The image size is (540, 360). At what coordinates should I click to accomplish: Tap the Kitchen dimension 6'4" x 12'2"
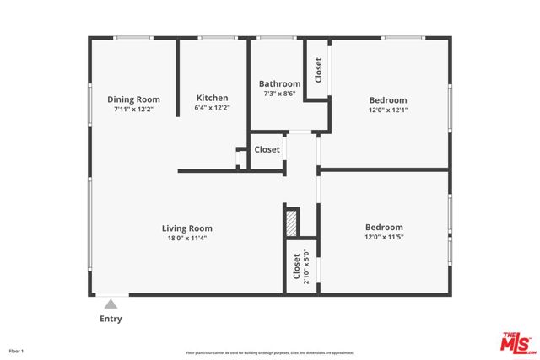coord(212,108)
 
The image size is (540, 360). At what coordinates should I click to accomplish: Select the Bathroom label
coord(279,83)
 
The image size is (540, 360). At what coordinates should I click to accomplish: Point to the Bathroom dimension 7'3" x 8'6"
coord(279,94)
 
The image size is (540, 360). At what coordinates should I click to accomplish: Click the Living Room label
coord(186,228)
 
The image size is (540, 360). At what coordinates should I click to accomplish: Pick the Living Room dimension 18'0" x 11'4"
coord(186,239)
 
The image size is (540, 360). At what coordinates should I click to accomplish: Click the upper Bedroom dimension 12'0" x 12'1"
coord(387,110)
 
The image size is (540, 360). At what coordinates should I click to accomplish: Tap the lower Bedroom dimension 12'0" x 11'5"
coord(383,238)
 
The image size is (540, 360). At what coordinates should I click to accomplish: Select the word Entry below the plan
coord(111,319)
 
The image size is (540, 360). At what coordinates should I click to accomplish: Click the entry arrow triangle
coord(111,303)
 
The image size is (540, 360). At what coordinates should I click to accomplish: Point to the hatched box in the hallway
coord(292,223)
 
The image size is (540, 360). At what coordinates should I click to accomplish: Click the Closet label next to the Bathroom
coord(318,68)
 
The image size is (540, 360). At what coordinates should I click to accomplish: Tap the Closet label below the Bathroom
coord(267,149)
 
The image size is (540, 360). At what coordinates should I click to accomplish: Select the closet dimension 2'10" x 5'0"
coord(306,266)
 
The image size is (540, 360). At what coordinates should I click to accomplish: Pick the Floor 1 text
coord(17,350)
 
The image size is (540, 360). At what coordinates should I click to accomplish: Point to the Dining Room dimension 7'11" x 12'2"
coord(133,110)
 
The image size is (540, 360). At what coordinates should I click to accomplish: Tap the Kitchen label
coord(212,98)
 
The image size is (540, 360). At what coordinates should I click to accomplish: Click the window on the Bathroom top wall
coord(271,38)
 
